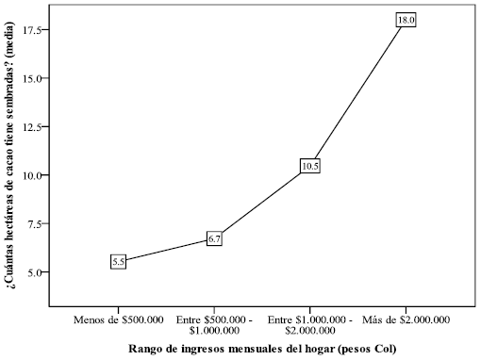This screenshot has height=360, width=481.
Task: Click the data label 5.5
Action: tap(119, 262)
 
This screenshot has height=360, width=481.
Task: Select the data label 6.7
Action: tap(214, 239)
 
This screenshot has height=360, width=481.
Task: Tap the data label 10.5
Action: tap(311, 166)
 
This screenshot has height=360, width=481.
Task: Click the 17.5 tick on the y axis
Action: tap(34, 29)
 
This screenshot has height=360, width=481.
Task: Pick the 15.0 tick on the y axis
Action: tap(34, 78)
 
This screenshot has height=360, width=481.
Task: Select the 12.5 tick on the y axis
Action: tap(34, 126)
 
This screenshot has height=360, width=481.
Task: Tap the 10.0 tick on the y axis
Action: tap(34, 175)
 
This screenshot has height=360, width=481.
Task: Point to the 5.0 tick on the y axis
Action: tap(36, 272)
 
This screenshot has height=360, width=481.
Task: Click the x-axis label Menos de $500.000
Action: tap(119, 319)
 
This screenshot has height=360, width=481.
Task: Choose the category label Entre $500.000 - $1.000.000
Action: tap(214, 324)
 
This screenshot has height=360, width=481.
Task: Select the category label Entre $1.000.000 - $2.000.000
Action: tap(310, 324)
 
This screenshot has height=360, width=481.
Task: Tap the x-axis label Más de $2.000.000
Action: tap(406, 319)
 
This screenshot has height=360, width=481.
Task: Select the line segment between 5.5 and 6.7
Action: tap(166, 251)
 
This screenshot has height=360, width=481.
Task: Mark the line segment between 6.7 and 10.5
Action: tap(262, 203)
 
